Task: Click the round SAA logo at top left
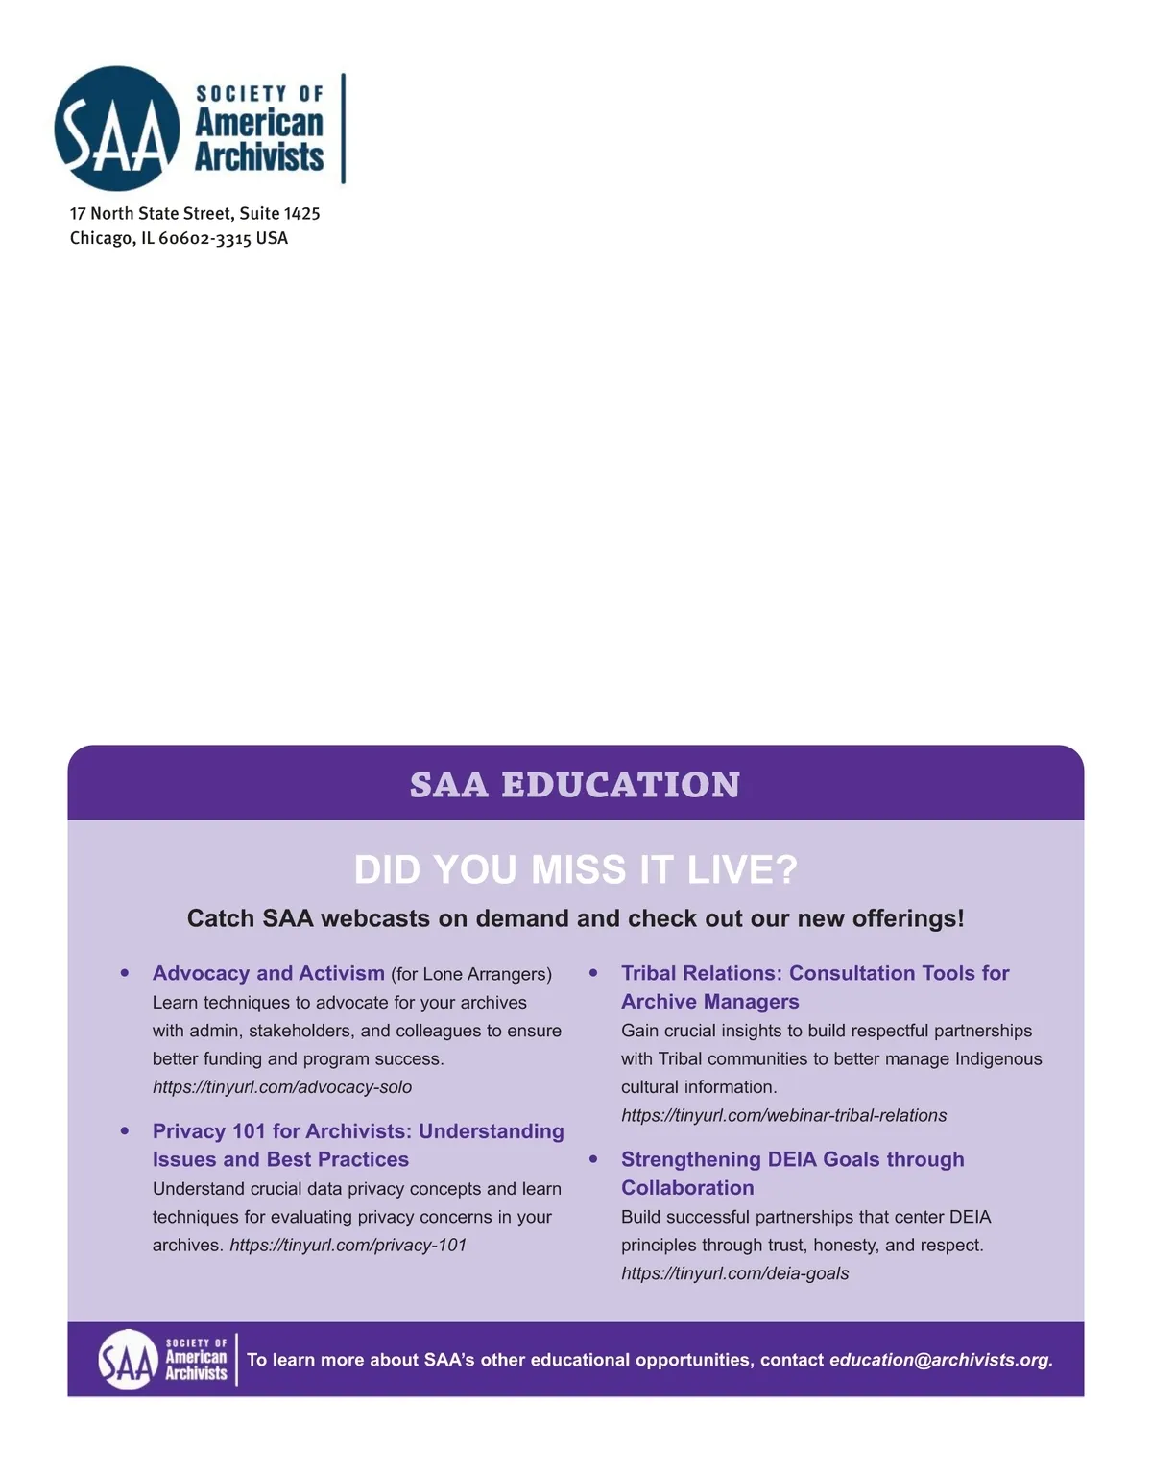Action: (117, 129)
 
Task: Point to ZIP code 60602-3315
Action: (204, 238)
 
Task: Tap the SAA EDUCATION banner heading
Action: (575, 784)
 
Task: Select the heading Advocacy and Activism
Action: (268, 973)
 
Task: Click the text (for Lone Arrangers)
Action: (471, 974)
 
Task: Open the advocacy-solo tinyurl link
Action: (282, 1087)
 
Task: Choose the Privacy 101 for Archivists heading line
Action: (358, 1131)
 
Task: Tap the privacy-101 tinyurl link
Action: (348, 1245)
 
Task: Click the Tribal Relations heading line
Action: (815, 973)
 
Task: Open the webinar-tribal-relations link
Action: (783, 1115)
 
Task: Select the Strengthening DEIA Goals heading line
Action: (792, 1159)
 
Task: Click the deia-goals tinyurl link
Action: (734, 1273)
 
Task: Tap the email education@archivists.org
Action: (940, 1360)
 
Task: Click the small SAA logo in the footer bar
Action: (128, 1359)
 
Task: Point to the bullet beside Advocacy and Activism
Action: (125, 973)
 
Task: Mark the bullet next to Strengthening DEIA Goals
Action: (593, 1159)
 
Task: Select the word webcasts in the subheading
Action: (375, 918)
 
